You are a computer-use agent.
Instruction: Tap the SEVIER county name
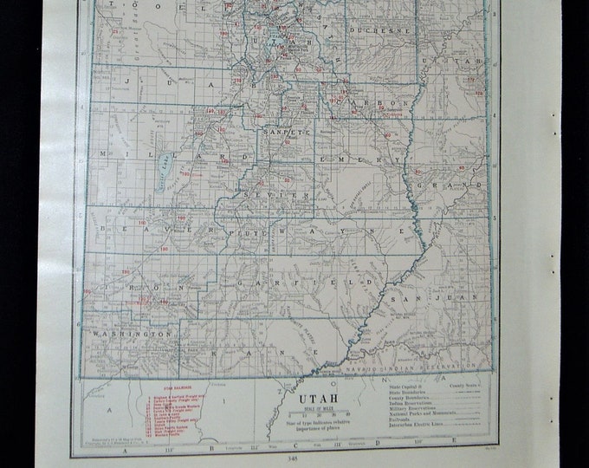point(287,196)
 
